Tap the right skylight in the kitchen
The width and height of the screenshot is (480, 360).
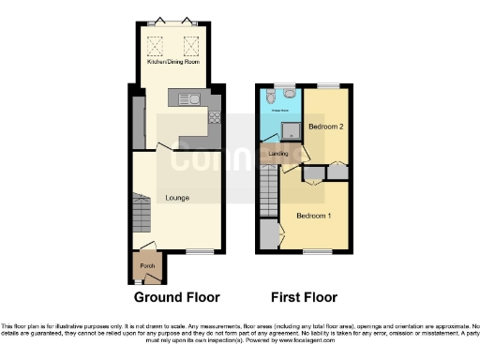coord(194,42)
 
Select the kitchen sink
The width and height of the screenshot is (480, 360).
coord(187,97)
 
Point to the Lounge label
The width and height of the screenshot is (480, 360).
coord(179,198)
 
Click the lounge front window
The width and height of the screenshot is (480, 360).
coord(199,251)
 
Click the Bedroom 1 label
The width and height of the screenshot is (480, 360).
coord(313,215)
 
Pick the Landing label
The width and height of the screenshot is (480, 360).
coord(277,153)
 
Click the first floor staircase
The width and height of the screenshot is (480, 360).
coord(268,192)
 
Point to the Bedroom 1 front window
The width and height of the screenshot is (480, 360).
coord(316,251)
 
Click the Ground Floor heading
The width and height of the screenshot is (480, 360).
coord(176,297)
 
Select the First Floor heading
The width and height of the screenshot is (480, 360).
coord(304,297)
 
